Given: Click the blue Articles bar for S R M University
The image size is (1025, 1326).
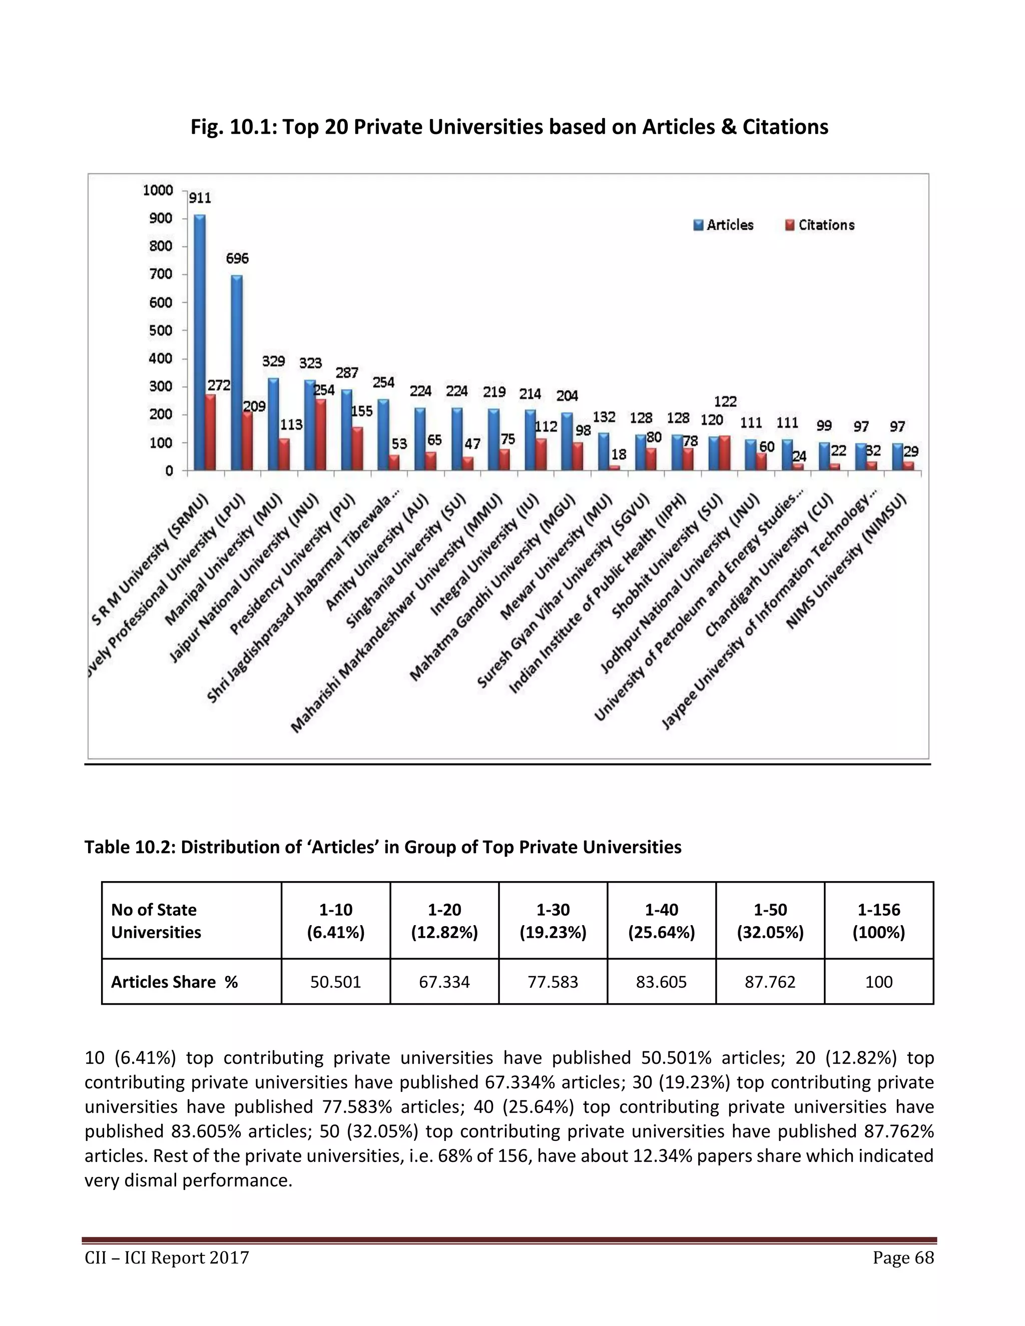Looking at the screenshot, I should (199, 343).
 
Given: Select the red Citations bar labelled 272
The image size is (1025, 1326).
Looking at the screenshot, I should (211, 432).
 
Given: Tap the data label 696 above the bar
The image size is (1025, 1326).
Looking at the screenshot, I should (237, 259).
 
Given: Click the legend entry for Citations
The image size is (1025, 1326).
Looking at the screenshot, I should (820, 225).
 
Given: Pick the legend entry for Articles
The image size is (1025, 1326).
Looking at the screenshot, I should (724, 225).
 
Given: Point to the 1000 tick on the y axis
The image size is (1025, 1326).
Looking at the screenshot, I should (158, 191).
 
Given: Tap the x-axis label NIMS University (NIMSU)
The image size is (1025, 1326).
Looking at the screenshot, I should (846, 561).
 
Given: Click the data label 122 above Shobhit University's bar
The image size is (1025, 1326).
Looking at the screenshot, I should (725, 401).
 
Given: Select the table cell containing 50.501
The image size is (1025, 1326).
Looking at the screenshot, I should (335, 982).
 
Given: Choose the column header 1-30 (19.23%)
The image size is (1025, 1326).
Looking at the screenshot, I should (553, 920).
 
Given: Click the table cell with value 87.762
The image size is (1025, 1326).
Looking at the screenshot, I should (770, 982).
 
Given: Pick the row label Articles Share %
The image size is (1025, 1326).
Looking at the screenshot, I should (174, 982).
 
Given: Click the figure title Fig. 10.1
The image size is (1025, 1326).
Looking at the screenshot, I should (509, 127).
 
